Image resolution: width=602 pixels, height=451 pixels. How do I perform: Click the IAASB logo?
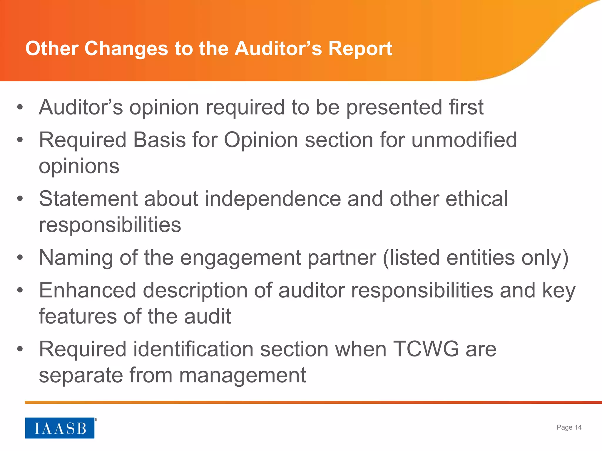click(x=60, y=428)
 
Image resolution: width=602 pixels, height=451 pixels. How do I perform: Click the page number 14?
click(x=578, y=427)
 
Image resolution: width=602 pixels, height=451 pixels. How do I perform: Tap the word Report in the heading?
click(x=360, y=48)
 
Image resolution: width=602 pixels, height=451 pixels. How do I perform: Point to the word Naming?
click(x=76, y=258)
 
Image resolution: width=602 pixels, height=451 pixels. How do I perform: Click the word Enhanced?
click(x=88, y=290)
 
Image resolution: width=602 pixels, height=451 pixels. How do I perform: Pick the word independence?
click(x=273, y=199)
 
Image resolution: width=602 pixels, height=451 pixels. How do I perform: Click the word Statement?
click(x=88, y=199)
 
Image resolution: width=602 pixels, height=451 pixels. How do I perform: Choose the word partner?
click(x=342, y=258)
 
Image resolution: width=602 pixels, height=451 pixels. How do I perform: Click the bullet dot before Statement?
click(x=20, y=199)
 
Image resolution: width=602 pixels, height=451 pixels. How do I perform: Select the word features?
click(x=78, y=317)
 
